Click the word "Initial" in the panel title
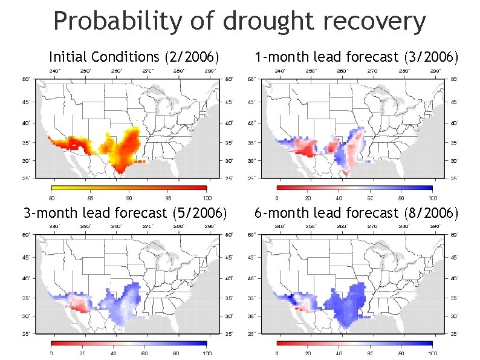68,57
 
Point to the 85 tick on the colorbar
90,198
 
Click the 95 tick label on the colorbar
168,198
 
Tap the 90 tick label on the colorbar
129,198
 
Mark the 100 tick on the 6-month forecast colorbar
432,353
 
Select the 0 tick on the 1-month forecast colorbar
277,198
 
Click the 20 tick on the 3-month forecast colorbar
82,353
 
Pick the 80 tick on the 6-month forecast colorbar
401,353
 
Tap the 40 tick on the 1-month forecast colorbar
339,198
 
